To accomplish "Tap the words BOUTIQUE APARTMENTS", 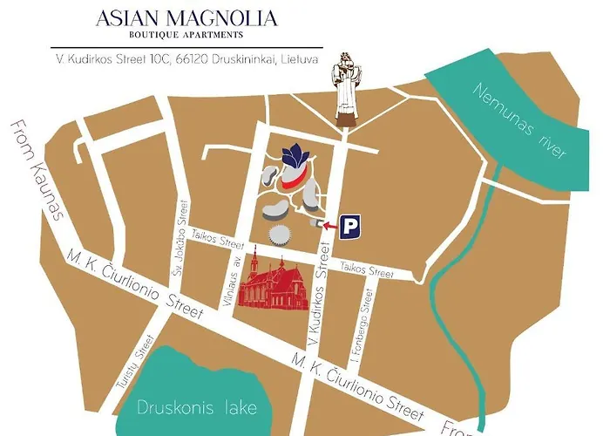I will [x=186, y=35].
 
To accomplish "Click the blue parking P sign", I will [x=350, y=225].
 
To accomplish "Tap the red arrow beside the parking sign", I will [x=329, y=225].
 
